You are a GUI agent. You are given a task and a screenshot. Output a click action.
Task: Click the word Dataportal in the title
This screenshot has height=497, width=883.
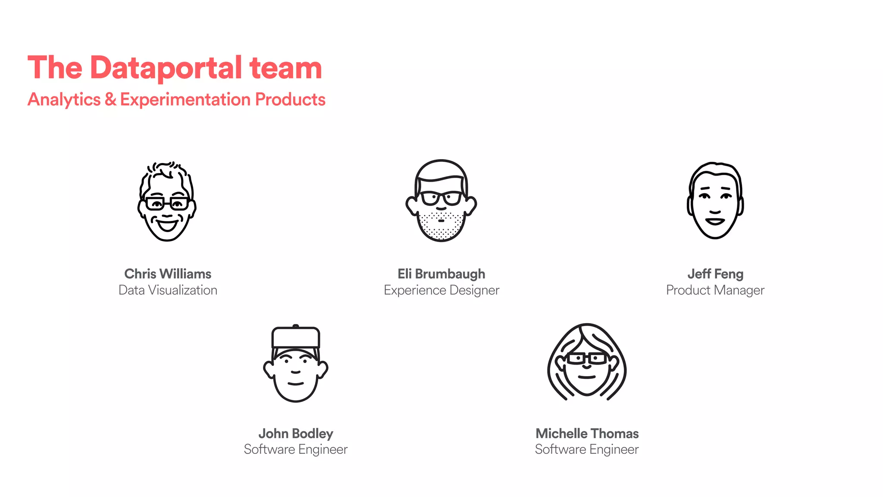point(166,68)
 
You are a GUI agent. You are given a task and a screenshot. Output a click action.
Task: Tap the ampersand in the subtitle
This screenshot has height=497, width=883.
point(110,100)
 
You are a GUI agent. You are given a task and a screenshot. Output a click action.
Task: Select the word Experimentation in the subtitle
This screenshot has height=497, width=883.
point(185,100)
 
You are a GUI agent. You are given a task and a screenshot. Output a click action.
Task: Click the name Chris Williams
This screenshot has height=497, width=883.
point(168,274)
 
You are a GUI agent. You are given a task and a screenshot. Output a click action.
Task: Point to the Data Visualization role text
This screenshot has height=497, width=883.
point(168,290)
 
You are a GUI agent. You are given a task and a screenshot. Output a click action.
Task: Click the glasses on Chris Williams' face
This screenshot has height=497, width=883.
point(167,203)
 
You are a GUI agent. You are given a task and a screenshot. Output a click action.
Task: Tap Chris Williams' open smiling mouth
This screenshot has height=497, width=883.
point(167,225)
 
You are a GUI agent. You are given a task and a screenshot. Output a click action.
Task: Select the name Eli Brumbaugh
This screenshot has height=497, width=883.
point(441,274)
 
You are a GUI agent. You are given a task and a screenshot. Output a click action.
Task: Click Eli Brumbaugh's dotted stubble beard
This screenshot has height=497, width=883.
point(441,226)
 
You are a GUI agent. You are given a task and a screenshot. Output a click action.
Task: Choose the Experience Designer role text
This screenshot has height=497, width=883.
point(441,290)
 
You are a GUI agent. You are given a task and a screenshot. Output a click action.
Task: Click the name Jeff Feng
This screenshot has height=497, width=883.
point(715,274)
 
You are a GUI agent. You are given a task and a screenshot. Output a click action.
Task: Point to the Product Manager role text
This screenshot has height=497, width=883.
point(715,290)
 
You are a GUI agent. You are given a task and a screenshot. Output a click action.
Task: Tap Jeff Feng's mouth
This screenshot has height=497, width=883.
point(715,221)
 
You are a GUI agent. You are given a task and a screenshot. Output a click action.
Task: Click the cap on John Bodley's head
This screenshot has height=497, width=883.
point(296,337)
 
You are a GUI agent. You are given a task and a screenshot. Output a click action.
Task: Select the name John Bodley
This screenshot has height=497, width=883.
point(296,433)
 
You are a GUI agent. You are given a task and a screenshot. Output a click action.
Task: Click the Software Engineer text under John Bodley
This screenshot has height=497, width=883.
point(296,449)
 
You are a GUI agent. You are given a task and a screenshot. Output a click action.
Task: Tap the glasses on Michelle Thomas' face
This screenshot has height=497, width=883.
point(587,359)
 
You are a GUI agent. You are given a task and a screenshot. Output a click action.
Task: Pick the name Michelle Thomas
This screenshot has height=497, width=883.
point(587,433)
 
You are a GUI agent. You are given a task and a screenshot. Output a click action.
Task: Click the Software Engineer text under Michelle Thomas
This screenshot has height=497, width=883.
point(587,449)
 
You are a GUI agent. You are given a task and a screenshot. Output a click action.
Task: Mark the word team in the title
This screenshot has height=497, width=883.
point(285,68)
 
